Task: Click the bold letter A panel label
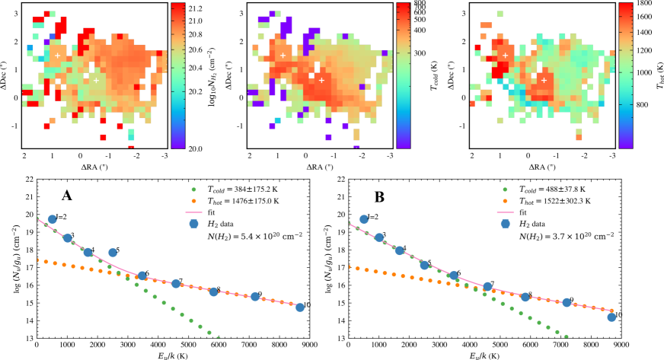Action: [x=67, y=196]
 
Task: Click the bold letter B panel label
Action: [x=378, y=195]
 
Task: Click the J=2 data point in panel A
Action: [x=53, y=219]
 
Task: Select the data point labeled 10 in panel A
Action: [x=299, y=307]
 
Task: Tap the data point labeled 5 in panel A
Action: [x=113, y=253]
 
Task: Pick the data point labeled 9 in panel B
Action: [x=566, y=302]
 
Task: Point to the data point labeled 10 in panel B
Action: [x=611, y=317]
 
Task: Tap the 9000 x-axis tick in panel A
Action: [x=306, y=346]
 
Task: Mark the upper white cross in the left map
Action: [x=58, y=55]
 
